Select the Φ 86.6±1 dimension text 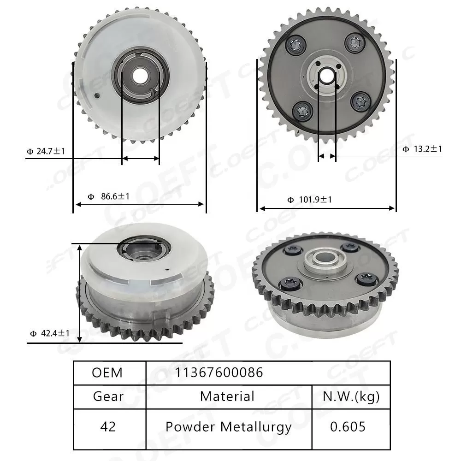click(109, 196)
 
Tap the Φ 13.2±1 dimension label click(422, 149)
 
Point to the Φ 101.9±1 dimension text click(309, 200)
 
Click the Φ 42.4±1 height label click(49, 333)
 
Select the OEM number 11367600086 click(219, 372)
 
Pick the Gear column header click(108, 396)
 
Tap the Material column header click(227, 396)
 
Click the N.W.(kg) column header click(350, 396)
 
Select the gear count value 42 click(108, 426)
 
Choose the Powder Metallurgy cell click(228, 427)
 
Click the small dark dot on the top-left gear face click(97, 96)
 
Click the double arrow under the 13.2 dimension click(327, 157)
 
